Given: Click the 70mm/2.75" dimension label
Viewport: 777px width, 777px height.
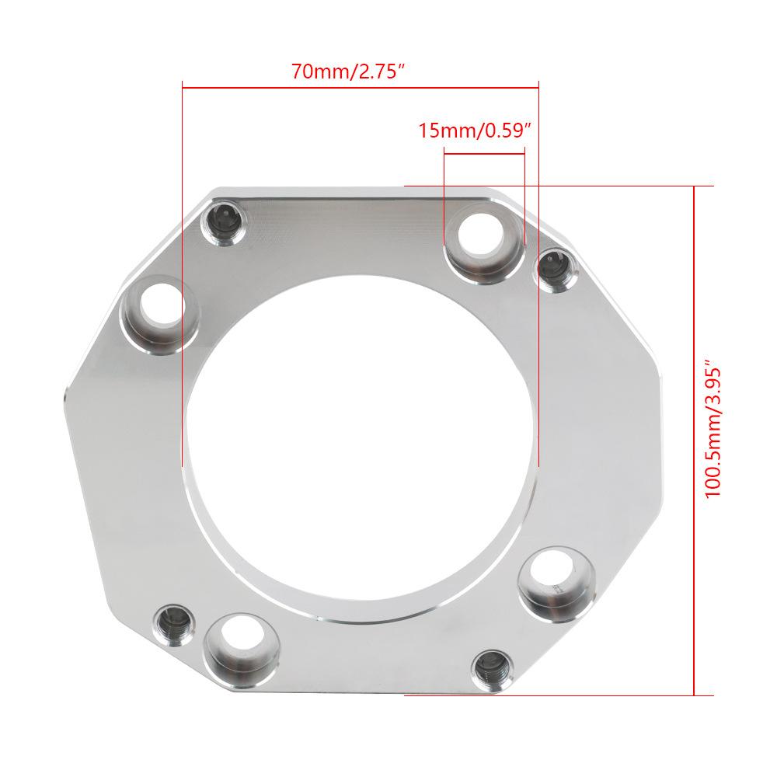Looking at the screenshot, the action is pos(348,71).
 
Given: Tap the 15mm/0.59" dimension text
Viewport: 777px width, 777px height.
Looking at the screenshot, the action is pos(475,131).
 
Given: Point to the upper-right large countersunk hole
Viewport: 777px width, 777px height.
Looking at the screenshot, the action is pos(483,242).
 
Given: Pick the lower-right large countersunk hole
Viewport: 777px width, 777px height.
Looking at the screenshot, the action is pos(556,585).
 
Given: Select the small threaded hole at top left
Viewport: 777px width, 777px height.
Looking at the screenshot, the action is pos(224,222).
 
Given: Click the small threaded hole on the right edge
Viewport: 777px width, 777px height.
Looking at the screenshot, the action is pos(557,270).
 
